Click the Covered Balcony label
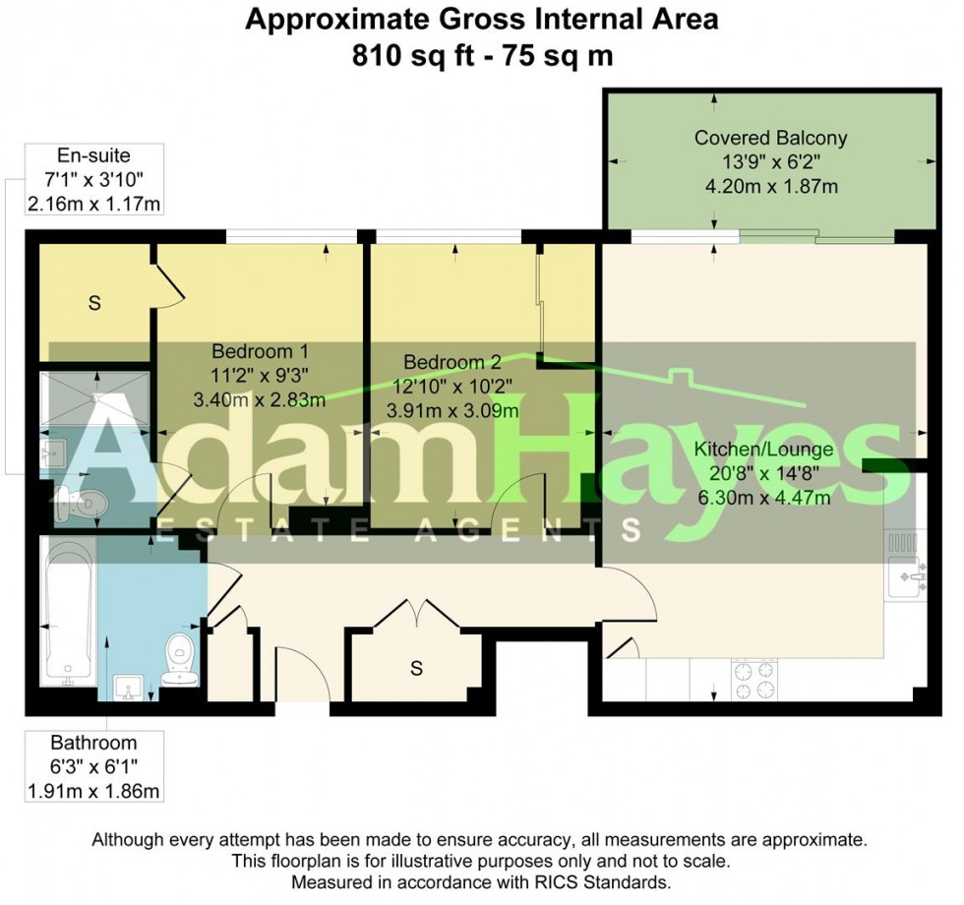pos(770,138)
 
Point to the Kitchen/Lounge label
pos(764,451)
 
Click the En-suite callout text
pos(94,155)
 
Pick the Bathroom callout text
pos(93,743)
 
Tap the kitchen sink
pos(904,574)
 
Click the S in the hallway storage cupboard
pos(416,669)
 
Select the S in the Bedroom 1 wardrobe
pos(94,303)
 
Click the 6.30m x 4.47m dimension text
pos(764,497)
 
